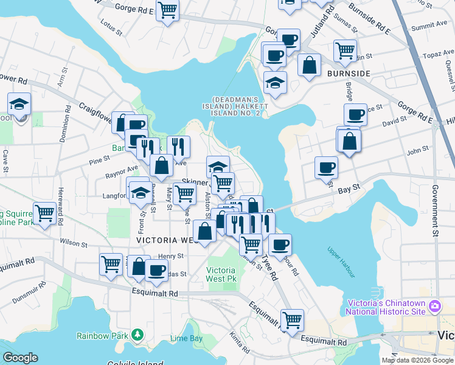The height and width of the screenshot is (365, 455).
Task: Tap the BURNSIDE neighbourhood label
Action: pos(349,74)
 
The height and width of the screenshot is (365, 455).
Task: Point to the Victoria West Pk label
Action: pos(221,274)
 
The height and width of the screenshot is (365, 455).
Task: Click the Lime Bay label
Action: pos(186,338)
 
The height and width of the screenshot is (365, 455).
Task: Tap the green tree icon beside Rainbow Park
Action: pos(138,335)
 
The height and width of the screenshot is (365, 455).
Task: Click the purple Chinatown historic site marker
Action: pos(434,305)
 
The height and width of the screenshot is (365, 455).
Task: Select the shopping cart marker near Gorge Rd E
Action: pos(167,10)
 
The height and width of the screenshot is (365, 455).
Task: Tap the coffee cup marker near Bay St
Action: pos(327,167)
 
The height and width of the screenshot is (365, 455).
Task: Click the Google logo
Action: pos(20,357)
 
